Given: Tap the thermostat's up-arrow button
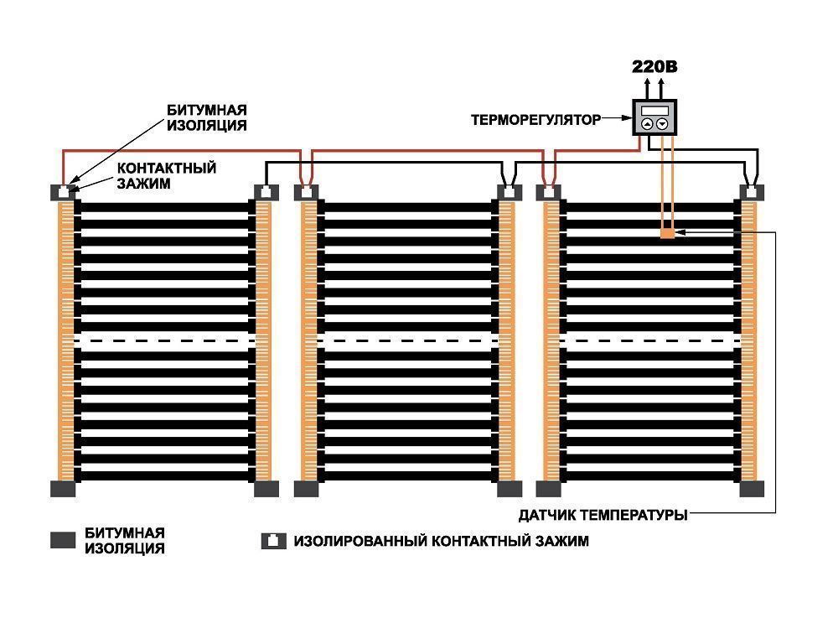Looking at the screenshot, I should (x=647, y=124).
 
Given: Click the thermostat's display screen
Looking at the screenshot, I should (x=654, y=111).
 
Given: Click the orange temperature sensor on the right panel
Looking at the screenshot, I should (x=667, y=233).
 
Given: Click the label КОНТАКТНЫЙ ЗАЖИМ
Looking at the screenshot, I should (x=166, y=174).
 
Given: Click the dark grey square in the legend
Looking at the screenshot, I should (x=63, y=541).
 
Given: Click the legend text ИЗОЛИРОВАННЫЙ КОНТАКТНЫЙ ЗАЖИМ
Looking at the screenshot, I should (x=441, y=541).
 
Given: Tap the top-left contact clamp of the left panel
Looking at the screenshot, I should (x=65, y=191).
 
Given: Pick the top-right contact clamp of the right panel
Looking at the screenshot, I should (x=752, y=191).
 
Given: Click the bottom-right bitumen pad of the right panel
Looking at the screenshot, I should (x=752, y=489).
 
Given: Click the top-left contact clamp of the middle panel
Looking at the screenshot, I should (x=306, y=191).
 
